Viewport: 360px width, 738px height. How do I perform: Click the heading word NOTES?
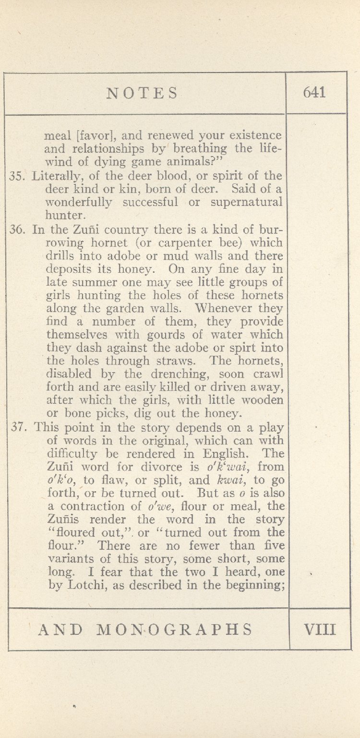pos(142,93)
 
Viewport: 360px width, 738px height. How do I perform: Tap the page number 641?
pos(314,92)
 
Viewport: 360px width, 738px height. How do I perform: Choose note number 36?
pos(17,229)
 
